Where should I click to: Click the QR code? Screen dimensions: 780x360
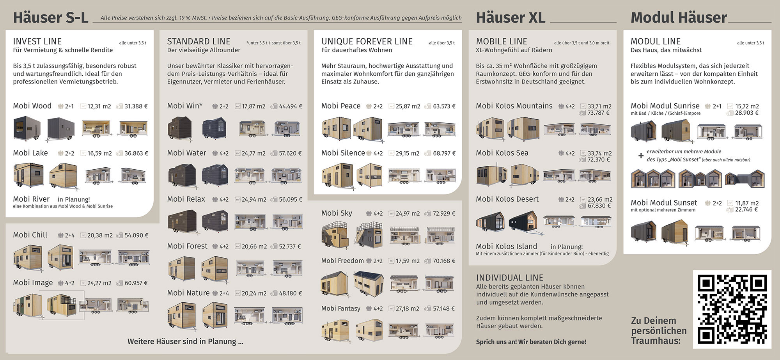tap(732, 309)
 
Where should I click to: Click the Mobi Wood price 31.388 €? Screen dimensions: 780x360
tap(136, 106)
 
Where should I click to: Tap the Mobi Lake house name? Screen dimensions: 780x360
tap(30, 153)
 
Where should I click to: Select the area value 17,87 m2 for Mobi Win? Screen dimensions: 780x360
tap(253, 106)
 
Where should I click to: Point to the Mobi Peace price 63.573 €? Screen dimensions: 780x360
tap(444, 106)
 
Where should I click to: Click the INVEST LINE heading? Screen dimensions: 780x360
tap(37, 41)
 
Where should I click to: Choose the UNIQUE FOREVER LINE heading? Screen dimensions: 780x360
tap(367, 41)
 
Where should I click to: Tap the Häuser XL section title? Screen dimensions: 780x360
tap(511, 18)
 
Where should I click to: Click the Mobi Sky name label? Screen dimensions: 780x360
tap(337, 213)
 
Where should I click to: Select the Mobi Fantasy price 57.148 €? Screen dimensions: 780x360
tap(444, 309)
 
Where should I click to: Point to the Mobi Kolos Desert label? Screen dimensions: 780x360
tap(507, 199)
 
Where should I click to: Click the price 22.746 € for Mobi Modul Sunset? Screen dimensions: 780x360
tap(746, 209)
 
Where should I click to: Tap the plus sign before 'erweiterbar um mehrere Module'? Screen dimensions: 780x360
tap(641, 156)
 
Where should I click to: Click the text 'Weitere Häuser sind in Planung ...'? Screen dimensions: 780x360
tap(185, 341)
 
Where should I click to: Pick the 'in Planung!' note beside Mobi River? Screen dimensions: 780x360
tap(74, 199)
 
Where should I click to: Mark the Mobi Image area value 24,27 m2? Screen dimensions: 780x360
tap(99, 283)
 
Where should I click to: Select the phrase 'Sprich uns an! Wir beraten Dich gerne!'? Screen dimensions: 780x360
tap(531, 342)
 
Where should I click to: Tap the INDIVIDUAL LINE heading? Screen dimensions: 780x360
tap(509, 278)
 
